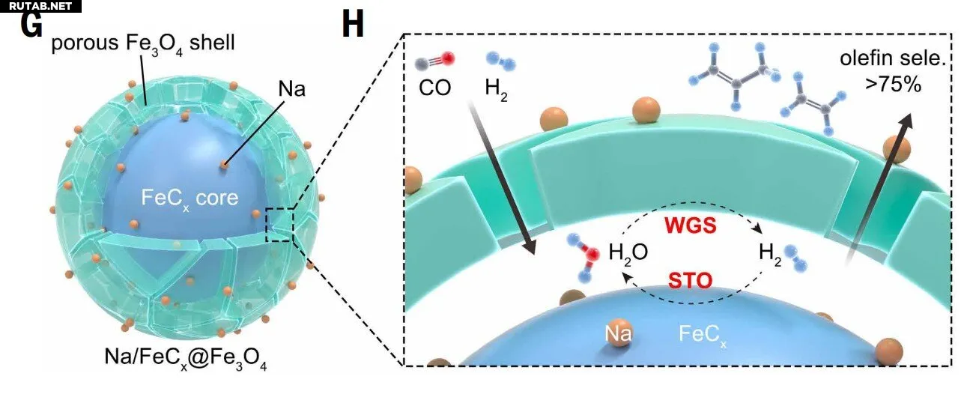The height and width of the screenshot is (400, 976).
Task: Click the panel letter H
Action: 352,25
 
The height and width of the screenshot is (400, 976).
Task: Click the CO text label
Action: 434,88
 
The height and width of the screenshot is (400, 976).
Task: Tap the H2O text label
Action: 627,253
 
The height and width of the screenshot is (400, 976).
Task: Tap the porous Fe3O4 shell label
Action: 142,43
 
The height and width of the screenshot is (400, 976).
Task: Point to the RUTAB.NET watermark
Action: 40,6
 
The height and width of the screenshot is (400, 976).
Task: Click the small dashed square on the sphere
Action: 281,225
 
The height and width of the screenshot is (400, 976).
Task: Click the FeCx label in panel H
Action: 702,333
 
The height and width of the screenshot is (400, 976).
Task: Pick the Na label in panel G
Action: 279,90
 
